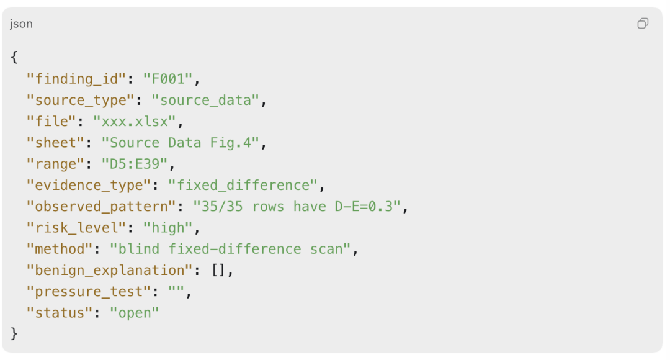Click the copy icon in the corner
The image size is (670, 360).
(643, 23)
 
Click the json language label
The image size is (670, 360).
(21, 24)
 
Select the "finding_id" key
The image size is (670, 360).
(76, 79)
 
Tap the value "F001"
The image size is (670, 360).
(168, 79)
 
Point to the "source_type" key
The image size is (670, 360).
(80, 100)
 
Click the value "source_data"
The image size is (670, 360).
(205, 100)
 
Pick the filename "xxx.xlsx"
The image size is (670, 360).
(134, 122)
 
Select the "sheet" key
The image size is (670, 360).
(56, 142)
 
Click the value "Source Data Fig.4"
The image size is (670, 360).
(181, 142)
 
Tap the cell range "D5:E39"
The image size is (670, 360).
(134, 164)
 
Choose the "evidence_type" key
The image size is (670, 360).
(89, 185)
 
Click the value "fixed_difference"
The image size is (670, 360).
(243, 185)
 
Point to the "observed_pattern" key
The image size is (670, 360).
(101, 207)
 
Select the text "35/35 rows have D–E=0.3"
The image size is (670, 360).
(297, 207)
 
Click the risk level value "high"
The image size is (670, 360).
(168, 228)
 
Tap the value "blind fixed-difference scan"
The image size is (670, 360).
(230, 249)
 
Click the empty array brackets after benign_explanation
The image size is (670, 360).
(219, 270)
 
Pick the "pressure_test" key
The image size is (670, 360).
(89, 292)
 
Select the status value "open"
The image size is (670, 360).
(134, 313)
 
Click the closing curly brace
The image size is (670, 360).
(14, 333)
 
